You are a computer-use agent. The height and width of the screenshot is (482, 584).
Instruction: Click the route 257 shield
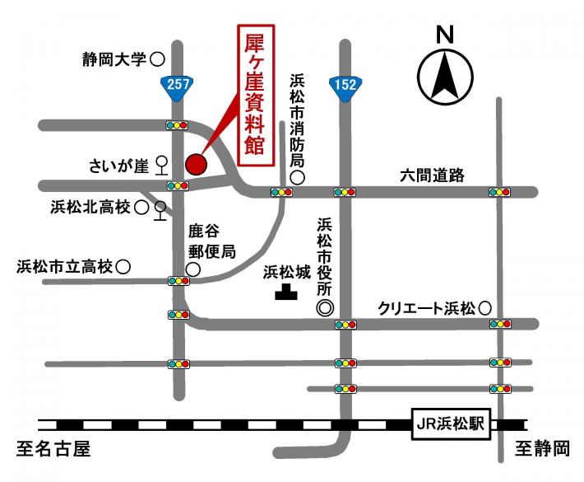click(x=178, y=87)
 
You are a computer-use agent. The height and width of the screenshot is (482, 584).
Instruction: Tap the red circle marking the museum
click(x=195, y=164)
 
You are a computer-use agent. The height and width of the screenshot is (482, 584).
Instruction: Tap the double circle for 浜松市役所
click(x=326, y=308)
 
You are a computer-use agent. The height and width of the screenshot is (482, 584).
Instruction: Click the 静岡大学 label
click(x=114, y=59)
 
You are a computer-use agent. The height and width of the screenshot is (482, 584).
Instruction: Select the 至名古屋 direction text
click(x=53, y=450)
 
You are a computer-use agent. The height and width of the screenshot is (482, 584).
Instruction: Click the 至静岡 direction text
click(x=542, y=450)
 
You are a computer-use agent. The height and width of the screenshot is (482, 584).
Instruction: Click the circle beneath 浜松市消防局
click(x=298, y=176)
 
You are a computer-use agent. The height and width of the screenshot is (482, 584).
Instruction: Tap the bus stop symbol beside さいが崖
click(x=161, y=166)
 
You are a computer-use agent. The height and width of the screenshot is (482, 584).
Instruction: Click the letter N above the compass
click(x=445, y=35)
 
